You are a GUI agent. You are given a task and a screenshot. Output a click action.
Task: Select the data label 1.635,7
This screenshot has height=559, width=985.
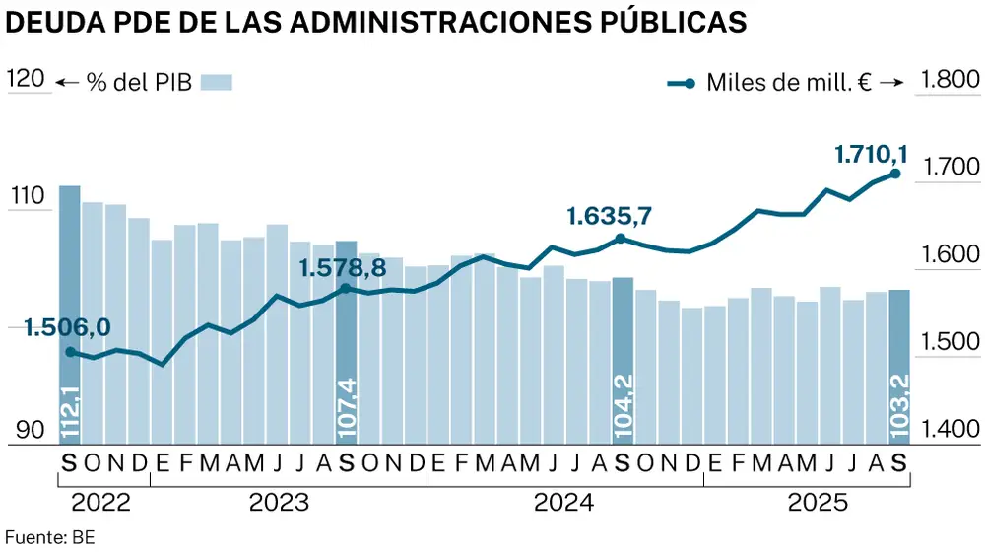611,216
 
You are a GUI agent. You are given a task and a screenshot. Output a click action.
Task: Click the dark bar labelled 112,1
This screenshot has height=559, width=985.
69,315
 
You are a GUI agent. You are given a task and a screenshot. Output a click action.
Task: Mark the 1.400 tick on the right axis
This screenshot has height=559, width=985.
947,430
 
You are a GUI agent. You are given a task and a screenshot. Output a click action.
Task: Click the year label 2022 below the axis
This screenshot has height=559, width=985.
101,503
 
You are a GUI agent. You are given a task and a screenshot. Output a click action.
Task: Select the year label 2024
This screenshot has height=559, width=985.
563,503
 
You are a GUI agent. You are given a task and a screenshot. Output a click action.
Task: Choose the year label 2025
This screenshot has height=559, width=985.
819,503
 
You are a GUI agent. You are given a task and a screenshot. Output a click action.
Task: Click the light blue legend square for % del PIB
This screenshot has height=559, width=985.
216,82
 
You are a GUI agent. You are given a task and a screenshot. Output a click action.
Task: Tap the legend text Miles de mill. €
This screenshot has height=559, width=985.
789,83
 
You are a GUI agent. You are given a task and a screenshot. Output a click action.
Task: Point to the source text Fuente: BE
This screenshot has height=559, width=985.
50,538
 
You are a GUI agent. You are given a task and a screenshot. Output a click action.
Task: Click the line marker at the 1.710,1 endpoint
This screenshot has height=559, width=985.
895,174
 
